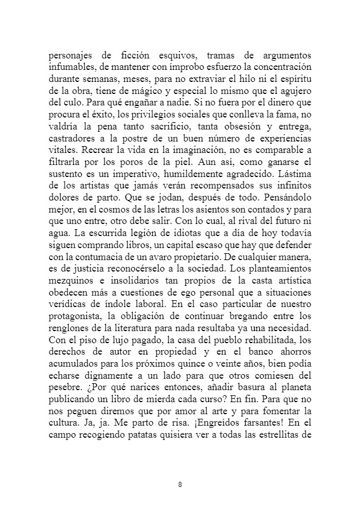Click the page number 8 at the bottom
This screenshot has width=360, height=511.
[180, 485]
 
